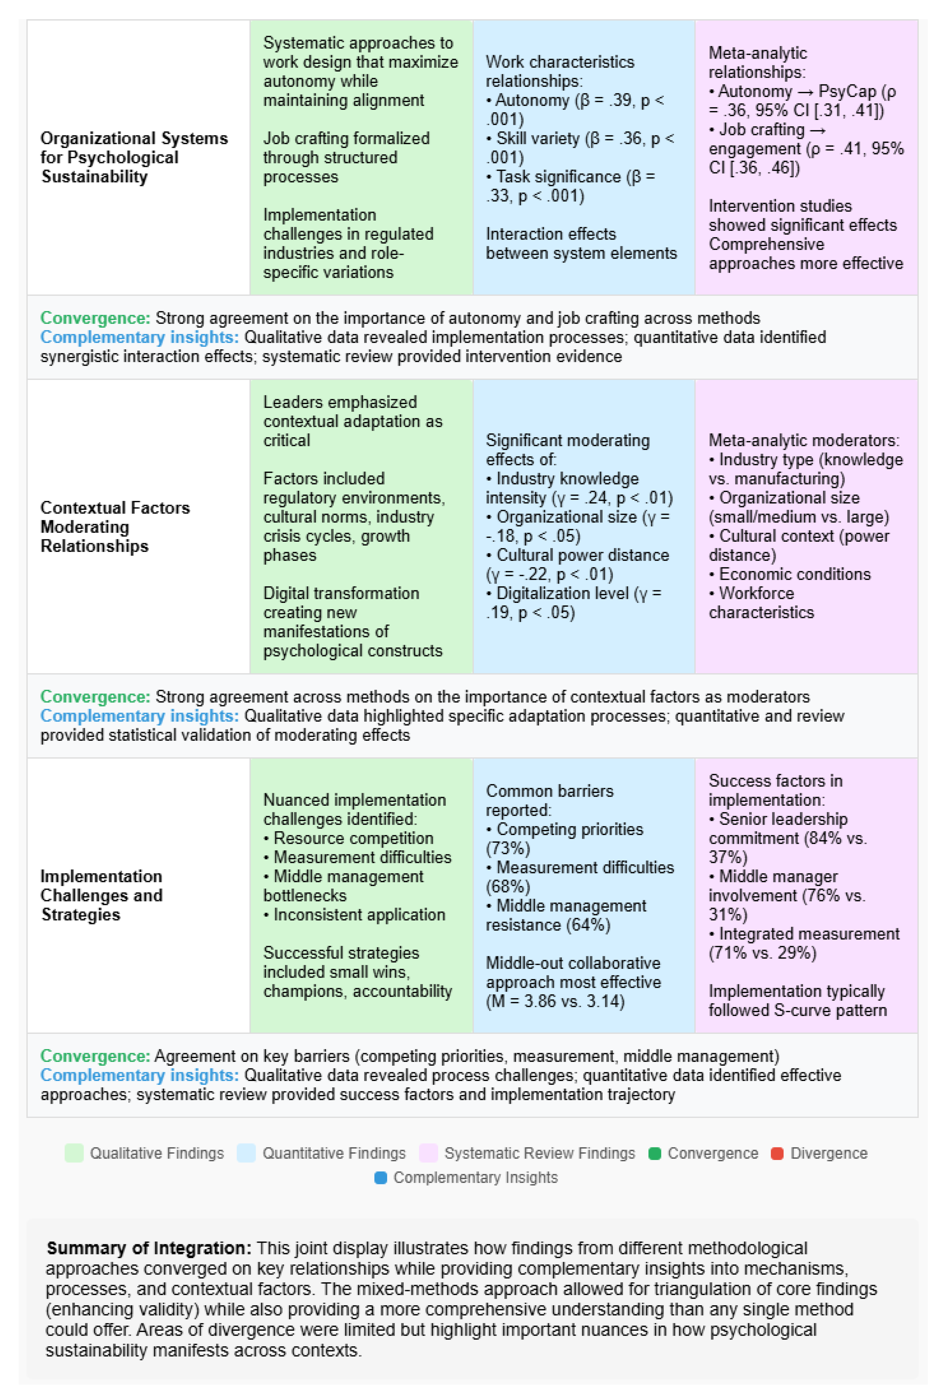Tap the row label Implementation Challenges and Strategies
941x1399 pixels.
pos(101,895)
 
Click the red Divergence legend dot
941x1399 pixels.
pos(776,1153)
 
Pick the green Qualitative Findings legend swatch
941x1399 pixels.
pos(74,1153)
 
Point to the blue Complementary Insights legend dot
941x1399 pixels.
pos(381,1178)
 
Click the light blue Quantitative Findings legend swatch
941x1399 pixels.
pos(246,1153)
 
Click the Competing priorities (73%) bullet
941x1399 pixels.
pos(564,839)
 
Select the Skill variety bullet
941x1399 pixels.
pos(580,147)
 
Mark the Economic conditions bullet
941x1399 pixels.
pos(794,574)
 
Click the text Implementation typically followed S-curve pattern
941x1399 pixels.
pos(797,1001)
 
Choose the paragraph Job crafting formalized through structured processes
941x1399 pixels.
pos(346,157)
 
